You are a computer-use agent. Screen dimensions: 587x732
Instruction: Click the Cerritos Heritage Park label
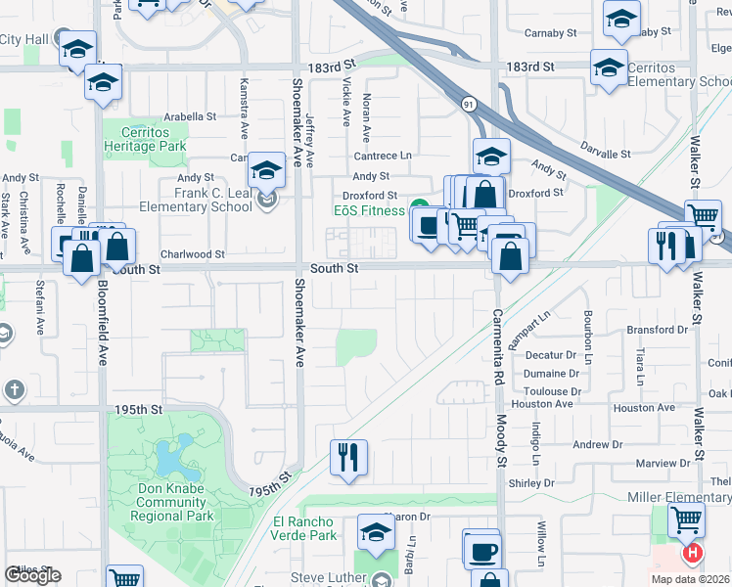click(153, 139)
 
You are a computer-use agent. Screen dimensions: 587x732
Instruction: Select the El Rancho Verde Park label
click(304, 528)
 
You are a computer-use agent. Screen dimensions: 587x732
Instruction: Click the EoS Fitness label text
click(369, 210)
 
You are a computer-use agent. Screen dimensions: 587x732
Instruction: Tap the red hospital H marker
click(693, 554)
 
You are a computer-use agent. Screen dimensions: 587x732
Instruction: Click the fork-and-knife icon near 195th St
click(348, 457)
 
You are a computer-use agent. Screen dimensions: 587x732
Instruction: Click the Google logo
click(32, 575)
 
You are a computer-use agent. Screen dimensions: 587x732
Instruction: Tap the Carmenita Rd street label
click(497, 341)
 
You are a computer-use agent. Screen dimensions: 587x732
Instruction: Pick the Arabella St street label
click(190, 115)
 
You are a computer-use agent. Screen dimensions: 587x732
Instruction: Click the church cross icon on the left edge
click(13, 390)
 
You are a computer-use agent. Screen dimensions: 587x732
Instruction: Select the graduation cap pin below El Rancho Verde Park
click(375, 533)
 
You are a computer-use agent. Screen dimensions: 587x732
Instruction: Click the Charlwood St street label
click(193, 253)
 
